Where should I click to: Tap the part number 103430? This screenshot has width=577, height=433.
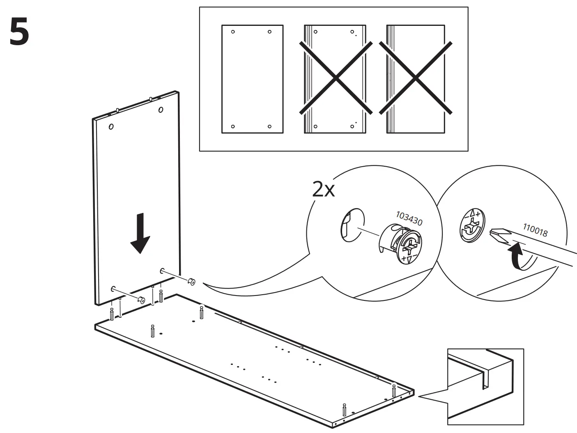[409, 218]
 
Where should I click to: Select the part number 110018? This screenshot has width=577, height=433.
[535, 230]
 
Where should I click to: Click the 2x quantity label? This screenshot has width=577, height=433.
[324, 190]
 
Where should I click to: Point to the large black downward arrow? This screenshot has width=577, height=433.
[140, 234]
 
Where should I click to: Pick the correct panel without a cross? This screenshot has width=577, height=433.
[252, 79]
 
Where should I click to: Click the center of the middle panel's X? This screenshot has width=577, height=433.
[336, 78]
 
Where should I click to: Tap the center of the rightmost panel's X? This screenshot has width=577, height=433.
[416, 78]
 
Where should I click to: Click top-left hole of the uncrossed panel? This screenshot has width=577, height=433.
[233, 32]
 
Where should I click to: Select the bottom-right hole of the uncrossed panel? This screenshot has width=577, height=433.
[269, 126]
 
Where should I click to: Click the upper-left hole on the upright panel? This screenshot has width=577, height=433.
[111, 126]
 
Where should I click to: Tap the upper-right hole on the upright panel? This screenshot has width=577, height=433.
[160, 110]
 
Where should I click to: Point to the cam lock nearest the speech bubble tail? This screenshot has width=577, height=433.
[191, 282]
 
